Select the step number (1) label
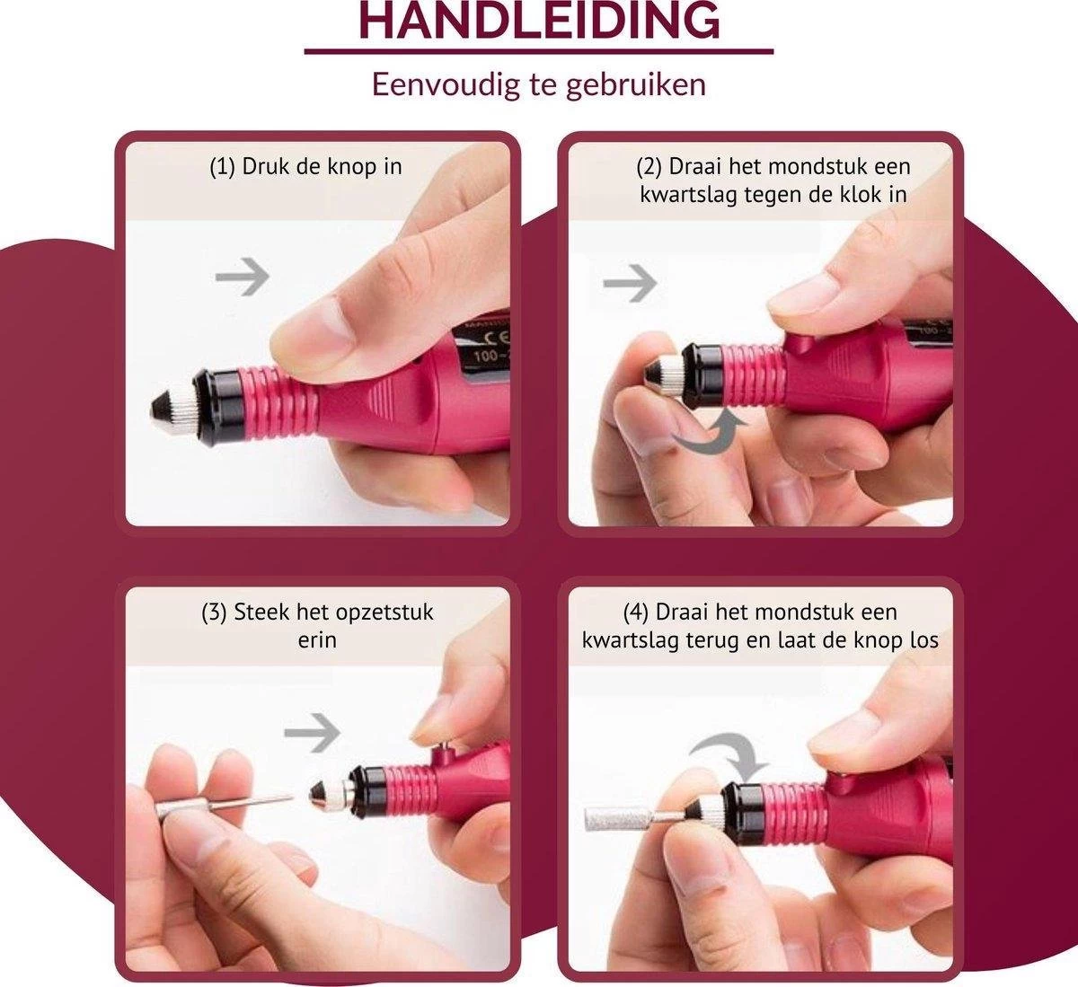(x=223, y=167)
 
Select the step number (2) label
(x=649, y=167)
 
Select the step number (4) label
(x=635, y=612)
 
